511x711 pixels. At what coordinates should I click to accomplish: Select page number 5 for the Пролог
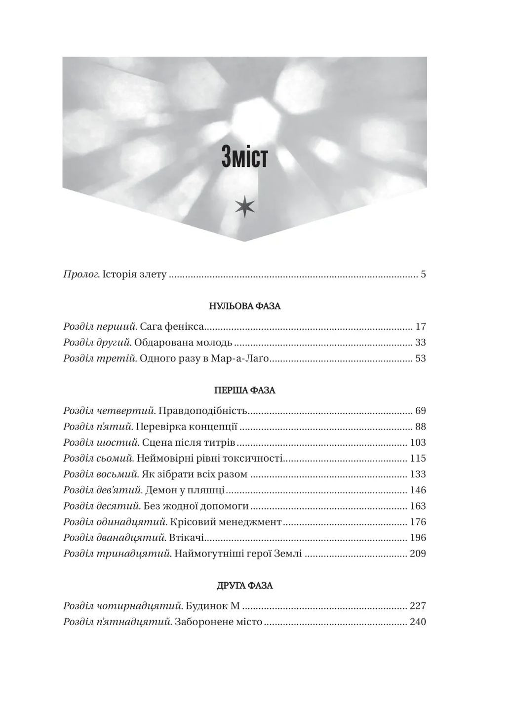coord(423,275)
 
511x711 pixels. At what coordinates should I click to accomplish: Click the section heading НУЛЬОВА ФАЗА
coord(244,306)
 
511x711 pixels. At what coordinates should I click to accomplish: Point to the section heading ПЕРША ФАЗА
coord(244,390)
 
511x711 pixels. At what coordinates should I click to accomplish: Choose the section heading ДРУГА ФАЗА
coord(244,586)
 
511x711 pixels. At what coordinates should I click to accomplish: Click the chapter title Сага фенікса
coord(172,327)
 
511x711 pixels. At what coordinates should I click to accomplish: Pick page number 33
coord(421,343)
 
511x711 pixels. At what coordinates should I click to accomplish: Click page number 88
coord(421,427)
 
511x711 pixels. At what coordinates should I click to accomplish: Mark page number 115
coord(418,458)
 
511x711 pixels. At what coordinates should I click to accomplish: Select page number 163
coord(418,506)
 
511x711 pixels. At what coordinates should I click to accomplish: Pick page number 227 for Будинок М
coord(418,606)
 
